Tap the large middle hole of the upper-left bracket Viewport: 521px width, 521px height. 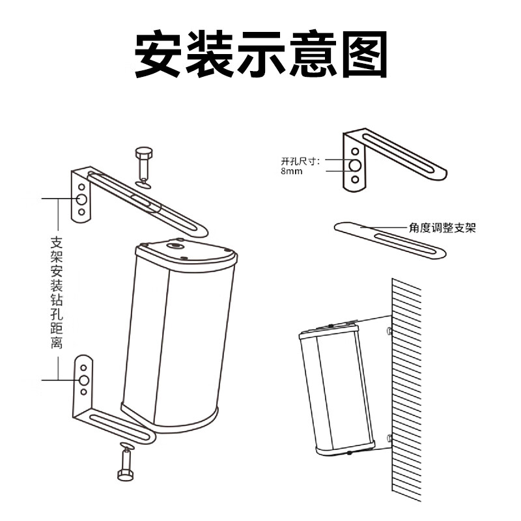coord(82,199)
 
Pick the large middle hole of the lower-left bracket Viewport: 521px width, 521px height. coord(84,380)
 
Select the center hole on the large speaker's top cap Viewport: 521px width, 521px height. coord(176,246)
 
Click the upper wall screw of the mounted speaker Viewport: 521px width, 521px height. coord(389,331)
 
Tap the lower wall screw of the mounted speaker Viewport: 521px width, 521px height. coord(389,437)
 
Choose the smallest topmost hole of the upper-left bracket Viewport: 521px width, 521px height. coord(82,187)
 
